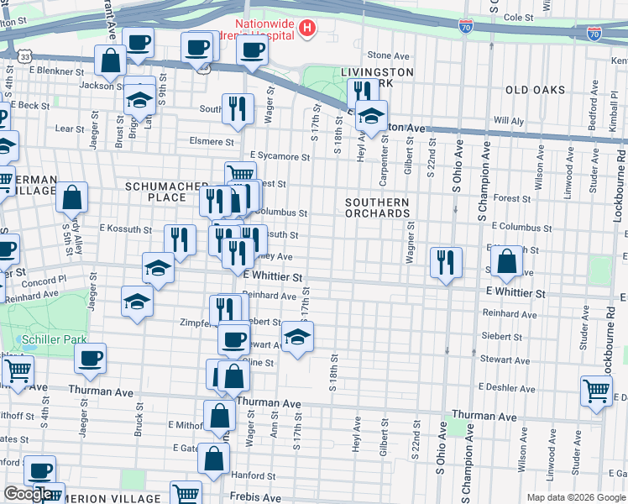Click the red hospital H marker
click(x=307, y=29)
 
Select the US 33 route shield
click(x=26, y=56)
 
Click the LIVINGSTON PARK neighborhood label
click(x=377, y=78)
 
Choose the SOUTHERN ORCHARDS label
click(x=377, y=207)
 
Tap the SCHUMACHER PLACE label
click(x=166, y=192)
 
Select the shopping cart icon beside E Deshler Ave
click(x=595, y=391)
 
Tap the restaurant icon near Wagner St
click(x=446, y=262)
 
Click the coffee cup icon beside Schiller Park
click(x=90, y=358)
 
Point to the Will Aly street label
click(x=509, y=121)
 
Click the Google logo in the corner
click(x=27, y=494)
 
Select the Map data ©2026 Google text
click(x=575, y=497)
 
